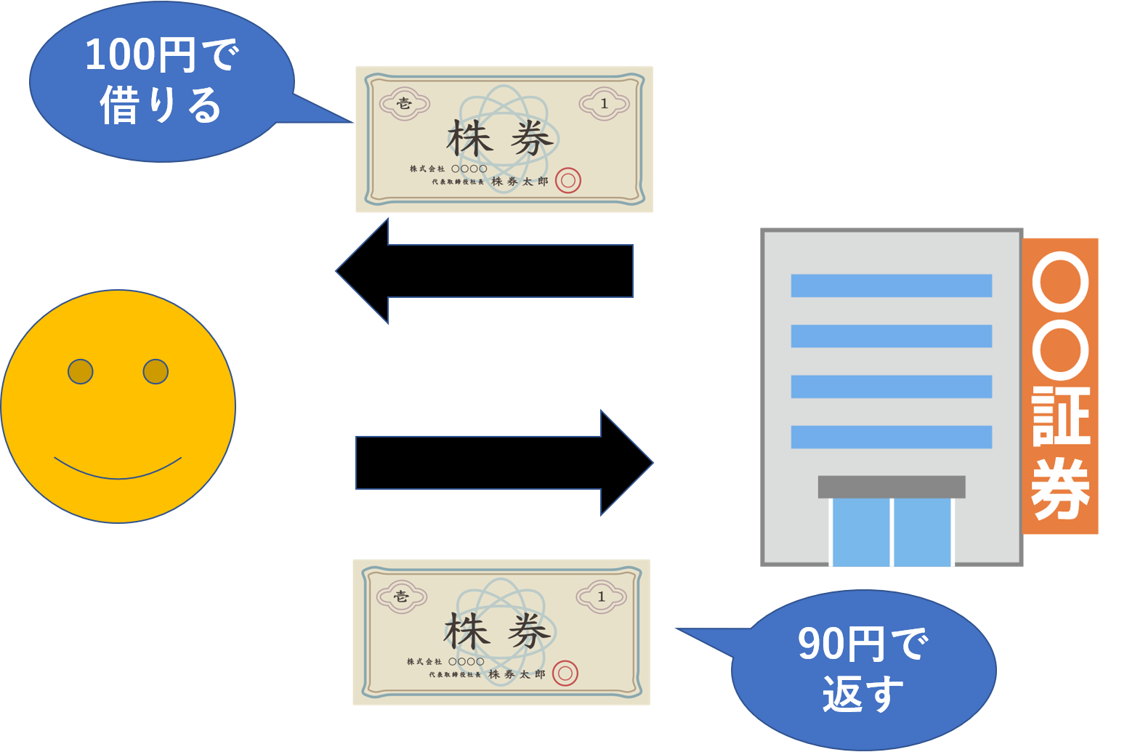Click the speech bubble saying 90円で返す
point(863,668)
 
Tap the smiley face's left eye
point(81,371)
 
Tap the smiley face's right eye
point(156,371)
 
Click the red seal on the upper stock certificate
point(568,181)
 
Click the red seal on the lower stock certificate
point(565,674)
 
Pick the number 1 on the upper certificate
point(604,104)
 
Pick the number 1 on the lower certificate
point(601,597)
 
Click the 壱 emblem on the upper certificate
point(404,103)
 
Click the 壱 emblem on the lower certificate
point(401,597)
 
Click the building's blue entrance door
point(891,532)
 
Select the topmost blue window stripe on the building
point(891,286)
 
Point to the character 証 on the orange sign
point(1061,416)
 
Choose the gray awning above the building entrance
point(891,487)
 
